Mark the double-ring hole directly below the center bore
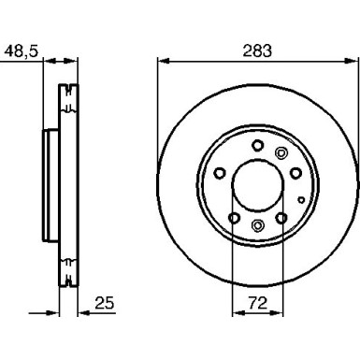[258, 224]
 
